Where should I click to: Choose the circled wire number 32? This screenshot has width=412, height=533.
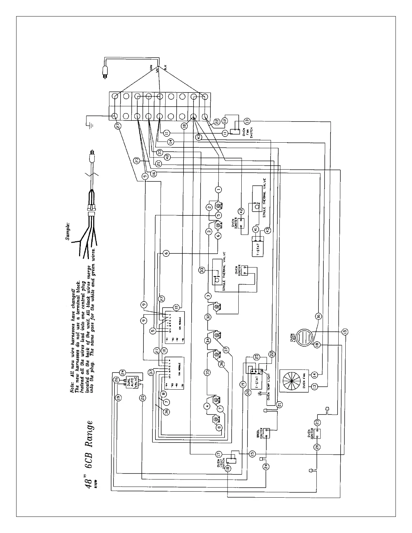(x=208, y=317)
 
